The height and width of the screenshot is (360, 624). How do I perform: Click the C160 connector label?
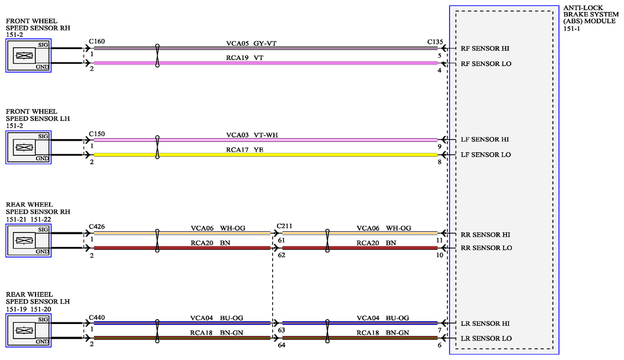click(97, 41)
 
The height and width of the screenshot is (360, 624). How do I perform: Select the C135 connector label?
click(435, 42)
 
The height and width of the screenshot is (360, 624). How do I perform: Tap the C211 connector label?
click(284, 226)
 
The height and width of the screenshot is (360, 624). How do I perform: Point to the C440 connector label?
click(97, 317)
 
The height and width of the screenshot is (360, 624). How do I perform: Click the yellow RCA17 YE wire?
click(266, 155)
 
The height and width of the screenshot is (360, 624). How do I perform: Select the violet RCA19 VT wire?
click(266, 63)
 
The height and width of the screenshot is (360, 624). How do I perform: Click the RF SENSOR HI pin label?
click(485, 49)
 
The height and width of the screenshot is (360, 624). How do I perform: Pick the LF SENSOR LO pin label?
click(485, 155)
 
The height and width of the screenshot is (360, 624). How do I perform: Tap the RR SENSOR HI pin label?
click(485, 235)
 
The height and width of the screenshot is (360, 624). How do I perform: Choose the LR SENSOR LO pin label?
click(486, 339)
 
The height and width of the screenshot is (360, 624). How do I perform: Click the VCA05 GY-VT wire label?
click(251, 43)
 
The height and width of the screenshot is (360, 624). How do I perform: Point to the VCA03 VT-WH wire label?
click(252, 135)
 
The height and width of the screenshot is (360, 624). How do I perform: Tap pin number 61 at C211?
click(281, 240)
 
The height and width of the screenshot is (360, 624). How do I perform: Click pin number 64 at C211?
click(281, 345)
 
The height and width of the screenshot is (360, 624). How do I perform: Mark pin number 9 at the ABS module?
click(439, 146)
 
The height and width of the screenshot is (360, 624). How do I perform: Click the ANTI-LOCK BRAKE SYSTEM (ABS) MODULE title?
click(591, 18)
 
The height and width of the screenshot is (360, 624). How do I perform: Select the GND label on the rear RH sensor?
click(42, 251)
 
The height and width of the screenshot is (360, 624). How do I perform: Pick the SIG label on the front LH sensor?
click(43, 136)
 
